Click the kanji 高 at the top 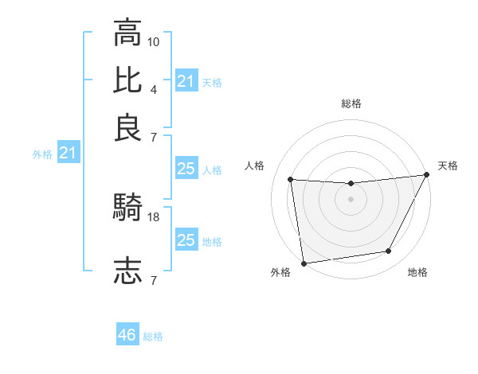tap(127, 33)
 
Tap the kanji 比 tap(127, 79)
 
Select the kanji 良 tap(127, 127)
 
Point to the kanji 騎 tap(127, 208)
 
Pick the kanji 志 tap(127, 271)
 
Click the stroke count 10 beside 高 tap(154, 41)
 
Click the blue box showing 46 tap(127, 335)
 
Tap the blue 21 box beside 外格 tap(68, 153)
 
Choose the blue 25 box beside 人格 tap(186, 169)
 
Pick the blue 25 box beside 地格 tap(186, 240)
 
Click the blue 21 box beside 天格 tap(186, 81)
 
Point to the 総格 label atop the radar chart tap(351, 103)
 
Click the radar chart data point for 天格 tap(426, 176)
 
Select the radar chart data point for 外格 tap(304, 263)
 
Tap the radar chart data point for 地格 tap(389, 251)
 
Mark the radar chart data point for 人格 tap(291, 180)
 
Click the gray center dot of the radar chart tap(351, 199)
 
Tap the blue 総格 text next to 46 tap(153, 337)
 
